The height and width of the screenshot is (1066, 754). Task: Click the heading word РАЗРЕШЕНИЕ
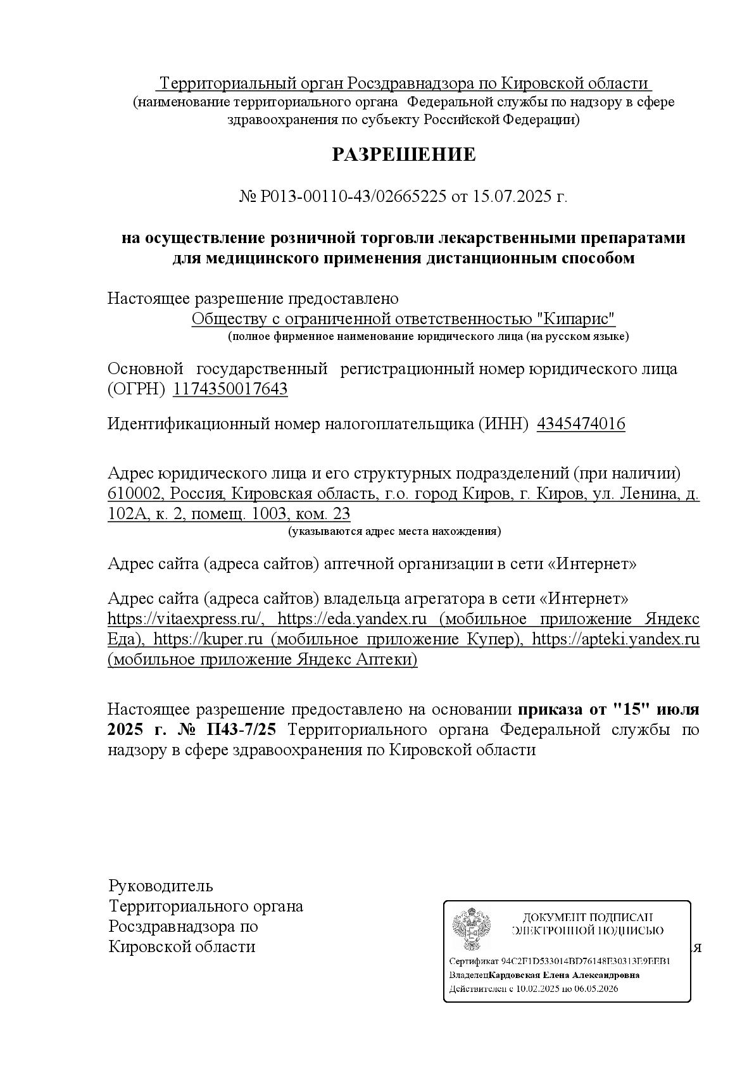pos(403,154)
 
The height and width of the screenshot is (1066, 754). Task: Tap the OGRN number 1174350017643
pos(230,389)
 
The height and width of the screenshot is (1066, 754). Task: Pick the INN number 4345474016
pos(581,423)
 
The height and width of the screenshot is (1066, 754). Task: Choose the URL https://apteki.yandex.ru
pos(615,639)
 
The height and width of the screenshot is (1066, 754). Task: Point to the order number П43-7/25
pos(241,729)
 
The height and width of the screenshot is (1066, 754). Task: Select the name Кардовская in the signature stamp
pos(512,975)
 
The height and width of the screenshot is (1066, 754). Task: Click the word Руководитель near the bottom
pos(161,886)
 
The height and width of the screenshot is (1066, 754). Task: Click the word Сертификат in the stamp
pos(474,961)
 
